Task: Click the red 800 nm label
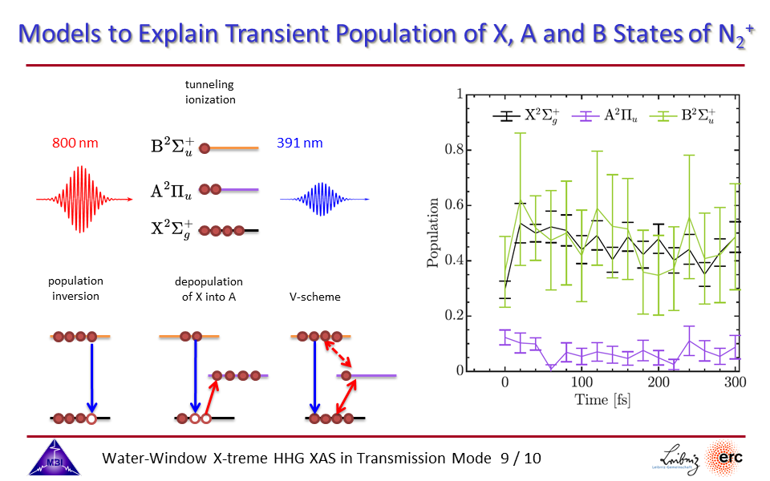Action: tap(75, 143)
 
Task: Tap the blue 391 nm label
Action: tap(299, 143)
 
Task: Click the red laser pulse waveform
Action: tap(84, 199)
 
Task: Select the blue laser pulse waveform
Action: tap(324, 199)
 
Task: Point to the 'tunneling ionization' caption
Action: tap(210, 91)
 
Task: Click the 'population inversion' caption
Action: tap(75, 289)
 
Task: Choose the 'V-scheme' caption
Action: tap(314, 297)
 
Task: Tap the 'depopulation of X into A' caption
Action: tap(209, 289)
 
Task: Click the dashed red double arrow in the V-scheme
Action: tap(338, 354)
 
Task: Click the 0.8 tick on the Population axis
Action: tap(454, 149)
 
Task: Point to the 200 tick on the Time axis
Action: tap(659, 382)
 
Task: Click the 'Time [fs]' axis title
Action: tap(602, 399)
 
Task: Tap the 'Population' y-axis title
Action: tap(432, 232)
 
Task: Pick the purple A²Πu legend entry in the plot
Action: tap(605, 115)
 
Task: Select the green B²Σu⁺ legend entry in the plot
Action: tap(682, 116)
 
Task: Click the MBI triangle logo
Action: tap(54, 458)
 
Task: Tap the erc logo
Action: tap(725, 458)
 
